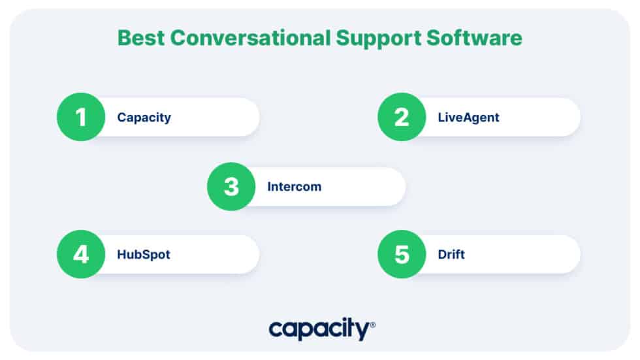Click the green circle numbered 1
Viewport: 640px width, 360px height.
point(80,118)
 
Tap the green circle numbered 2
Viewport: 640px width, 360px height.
point(401,118)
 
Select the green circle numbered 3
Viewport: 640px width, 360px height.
point(231,187)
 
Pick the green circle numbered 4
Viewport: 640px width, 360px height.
point(80,254)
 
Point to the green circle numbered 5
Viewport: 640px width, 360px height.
point(401,254)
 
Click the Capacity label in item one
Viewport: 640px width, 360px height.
point(144,118)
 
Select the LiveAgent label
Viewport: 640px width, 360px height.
point(468,118)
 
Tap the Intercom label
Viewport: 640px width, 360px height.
point(294,187)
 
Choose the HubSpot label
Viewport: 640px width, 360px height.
point(143,255)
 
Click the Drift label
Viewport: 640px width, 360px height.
point(451,255)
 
